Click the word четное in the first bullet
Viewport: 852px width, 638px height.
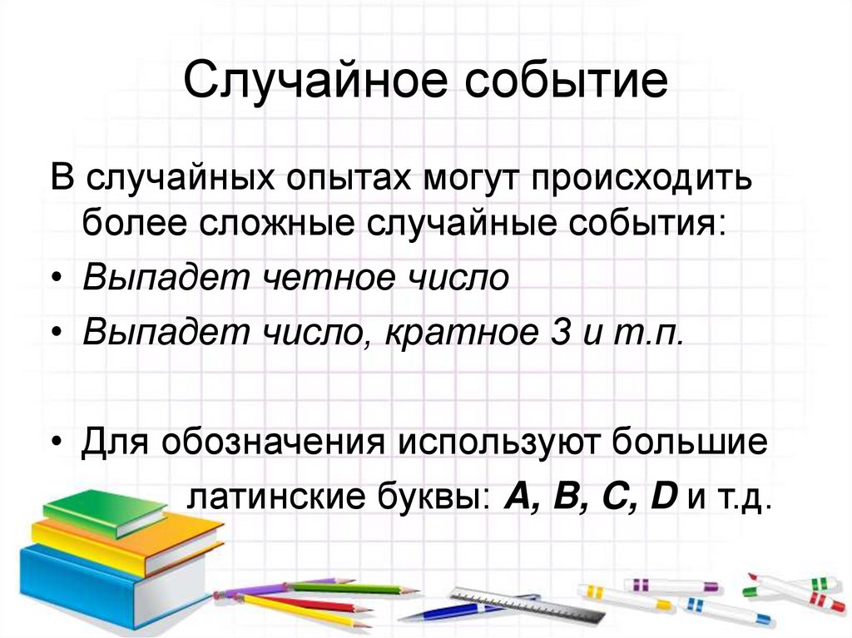(x=317, y=278)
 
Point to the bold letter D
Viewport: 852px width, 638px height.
(x=663, y=497)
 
